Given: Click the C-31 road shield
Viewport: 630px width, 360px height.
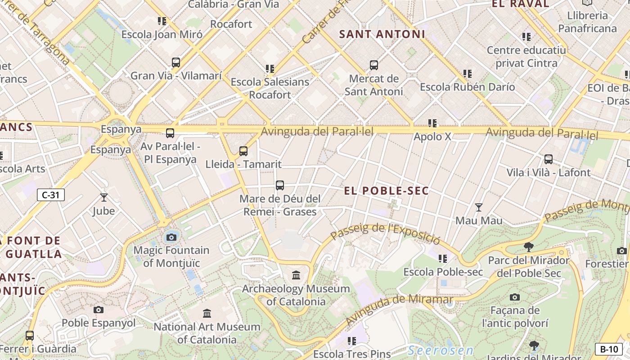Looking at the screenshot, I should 51,195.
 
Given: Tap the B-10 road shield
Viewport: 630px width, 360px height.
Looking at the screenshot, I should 609,349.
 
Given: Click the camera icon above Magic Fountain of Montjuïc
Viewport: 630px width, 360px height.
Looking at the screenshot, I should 171,237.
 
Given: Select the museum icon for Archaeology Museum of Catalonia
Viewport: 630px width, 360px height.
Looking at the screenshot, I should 296,275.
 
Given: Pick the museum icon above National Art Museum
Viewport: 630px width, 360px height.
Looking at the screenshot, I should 207,313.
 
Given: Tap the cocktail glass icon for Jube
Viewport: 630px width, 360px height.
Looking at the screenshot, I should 104,197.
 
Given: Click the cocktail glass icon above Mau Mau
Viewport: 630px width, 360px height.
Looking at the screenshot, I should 479,207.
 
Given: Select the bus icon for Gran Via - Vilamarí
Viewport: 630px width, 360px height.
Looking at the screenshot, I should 176,63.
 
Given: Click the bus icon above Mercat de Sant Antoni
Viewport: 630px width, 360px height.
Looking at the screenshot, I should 374,65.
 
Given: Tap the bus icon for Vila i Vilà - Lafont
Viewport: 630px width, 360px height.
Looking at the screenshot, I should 549,159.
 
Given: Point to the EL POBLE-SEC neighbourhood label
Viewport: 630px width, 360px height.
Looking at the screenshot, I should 386,191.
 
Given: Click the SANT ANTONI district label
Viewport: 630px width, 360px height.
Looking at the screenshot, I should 382,34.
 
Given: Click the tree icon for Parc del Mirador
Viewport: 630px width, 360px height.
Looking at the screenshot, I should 529,247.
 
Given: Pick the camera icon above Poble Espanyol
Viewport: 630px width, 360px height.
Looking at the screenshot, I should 99,310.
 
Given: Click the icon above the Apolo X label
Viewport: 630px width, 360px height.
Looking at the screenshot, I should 432,123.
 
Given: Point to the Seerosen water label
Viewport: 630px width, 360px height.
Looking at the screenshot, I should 441,350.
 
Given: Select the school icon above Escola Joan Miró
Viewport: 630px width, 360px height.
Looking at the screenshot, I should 162,21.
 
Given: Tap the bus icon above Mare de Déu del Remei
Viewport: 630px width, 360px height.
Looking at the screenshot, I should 280,185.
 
